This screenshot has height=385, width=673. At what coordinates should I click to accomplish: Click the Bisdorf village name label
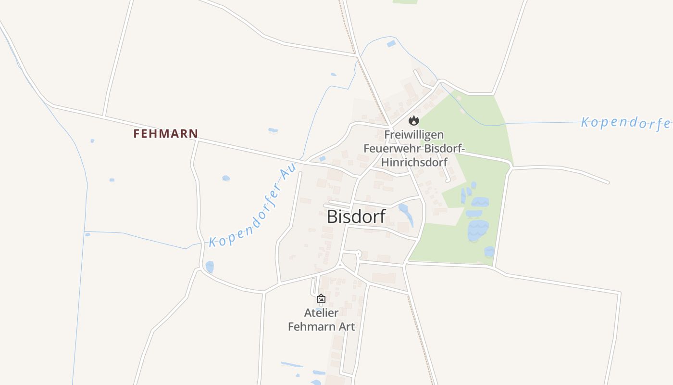[356, 217]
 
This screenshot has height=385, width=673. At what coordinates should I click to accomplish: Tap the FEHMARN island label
[165, 133]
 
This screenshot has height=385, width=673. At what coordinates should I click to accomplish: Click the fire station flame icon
[414, 120]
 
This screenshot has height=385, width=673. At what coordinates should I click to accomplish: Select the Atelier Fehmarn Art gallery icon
[321, 298]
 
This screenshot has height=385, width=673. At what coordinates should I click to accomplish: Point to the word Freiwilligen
[414, 135]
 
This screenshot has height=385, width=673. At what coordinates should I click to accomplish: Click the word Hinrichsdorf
[414, 162]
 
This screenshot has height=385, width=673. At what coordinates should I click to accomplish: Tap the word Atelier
[321, 313]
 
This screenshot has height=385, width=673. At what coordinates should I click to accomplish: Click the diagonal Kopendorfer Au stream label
[252, 207]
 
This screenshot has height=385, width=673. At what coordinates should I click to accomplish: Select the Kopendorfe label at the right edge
[625, 122]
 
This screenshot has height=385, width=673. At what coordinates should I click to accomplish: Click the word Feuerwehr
[389, 148]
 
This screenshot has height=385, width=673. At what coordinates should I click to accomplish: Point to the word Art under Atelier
[346, 326]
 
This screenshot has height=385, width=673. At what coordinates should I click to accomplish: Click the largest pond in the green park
[478, 230]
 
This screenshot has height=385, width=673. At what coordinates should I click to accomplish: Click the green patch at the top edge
[405, 1]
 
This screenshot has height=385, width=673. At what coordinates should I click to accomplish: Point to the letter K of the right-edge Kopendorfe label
[586, 122]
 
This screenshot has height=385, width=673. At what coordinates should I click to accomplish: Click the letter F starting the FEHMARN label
[137, 133]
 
